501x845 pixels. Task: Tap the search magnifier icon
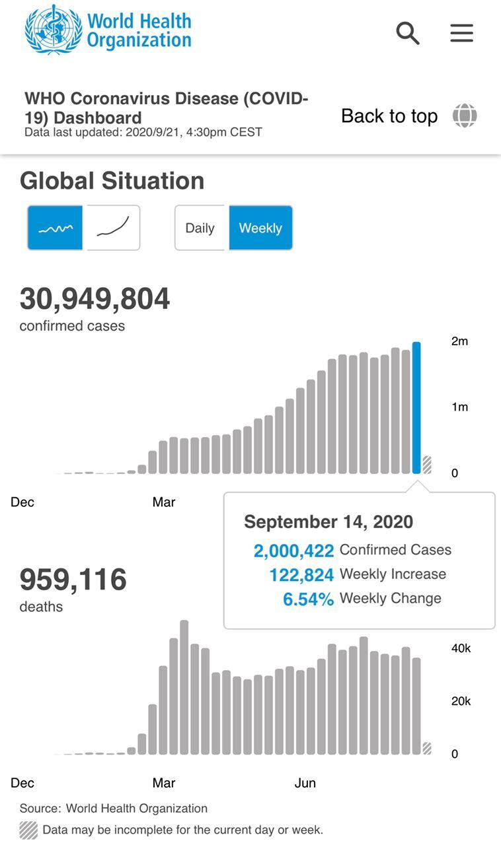point(408,33)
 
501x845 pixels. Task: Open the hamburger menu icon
point(461,33)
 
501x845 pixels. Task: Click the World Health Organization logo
point(108,30)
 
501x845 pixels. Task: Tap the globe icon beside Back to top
point(465,116)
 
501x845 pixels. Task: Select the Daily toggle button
point(200,228)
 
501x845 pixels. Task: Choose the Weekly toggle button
point(260,228)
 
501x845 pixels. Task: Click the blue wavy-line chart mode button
point(55,228)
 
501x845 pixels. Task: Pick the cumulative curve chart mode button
point(113,228)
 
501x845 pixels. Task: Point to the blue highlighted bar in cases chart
point(416,408)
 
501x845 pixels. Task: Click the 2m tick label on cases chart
point(459,341)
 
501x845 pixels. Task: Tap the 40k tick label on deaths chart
point(461,649)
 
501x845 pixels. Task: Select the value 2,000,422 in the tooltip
point(293,551)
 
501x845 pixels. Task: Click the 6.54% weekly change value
point(308,599)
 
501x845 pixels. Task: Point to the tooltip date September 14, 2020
point(328,522)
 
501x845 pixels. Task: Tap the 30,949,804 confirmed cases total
point(95,299)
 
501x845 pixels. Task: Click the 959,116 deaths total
point(73,580)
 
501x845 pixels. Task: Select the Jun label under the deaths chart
point(305,783)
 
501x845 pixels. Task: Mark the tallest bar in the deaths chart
point(184,687)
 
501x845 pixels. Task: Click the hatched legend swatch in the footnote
point(28,830)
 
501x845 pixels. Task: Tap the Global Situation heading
point(112,181)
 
